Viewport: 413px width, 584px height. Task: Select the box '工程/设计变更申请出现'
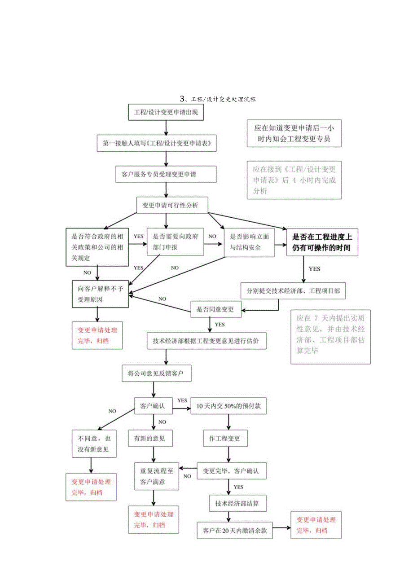pos(166,112)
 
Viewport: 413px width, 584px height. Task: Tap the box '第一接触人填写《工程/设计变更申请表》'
pos(157,143)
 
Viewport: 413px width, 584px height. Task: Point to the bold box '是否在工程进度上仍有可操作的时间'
pos(322,242)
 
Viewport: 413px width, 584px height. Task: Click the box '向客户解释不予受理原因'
pos(101,294)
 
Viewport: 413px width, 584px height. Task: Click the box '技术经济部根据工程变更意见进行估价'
pos(209,340)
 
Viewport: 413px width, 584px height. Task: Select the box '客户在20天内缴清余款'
pos(235,531)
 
